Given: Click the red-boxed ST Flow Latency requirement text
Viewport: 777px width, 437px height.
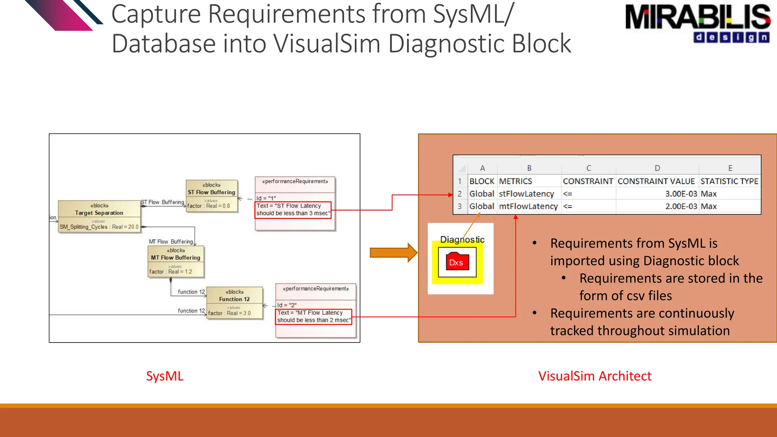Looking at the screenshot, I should point(293,210).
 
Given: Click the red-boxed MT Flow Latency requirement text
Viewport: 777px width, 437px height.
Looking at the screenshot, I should point(313,316).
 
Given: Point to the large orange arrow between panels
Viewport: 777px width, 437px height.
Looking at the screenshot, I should point(393,253).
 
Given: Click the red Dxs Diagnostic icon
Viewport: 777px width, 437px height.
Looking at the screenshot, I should point(457,262).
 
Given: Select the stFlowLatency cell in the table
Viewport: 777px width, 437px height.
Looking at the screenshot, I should point(527,194).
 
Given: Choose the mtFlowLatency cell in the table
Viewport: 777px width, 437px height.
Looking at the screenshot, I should point(528,206).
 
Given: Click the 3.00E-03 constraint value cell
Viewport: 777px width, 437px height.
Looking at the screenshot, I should point(681,194).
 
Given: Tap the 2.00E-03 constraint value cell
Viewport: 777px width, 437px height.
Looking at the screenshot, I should point(681,206).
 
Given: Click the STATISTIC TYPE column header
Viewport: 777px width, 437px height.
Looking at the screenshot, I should point(729,181).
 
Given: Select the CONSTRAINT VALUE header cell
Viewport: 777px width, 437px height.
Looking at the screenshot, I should point(656,181).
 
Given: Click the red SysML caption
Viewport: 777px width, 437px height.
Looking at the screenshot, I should point(165,376).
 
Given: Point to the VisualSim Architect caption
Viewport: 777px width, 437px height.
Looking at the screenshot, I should point(595,376).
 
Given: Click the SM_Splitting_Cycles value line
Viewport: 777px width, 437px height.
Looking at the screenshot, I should point(99,227).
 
